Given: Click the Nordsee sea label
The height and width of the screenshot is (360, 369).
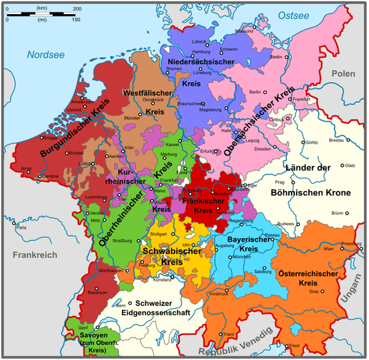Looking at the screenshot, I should pos(45,55).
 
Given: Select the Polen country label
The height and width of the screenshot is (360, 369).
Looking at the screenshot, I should pos(343,73).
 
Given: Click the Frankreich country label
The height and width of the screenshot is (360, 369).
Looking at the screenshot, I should pos(28,255).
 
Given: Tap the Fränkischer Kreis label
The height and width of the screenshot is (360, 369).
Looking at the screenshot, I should pos(204,205).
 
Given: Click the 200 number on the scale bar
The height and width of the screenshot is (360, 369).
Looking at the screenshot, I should pos(77,9).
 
